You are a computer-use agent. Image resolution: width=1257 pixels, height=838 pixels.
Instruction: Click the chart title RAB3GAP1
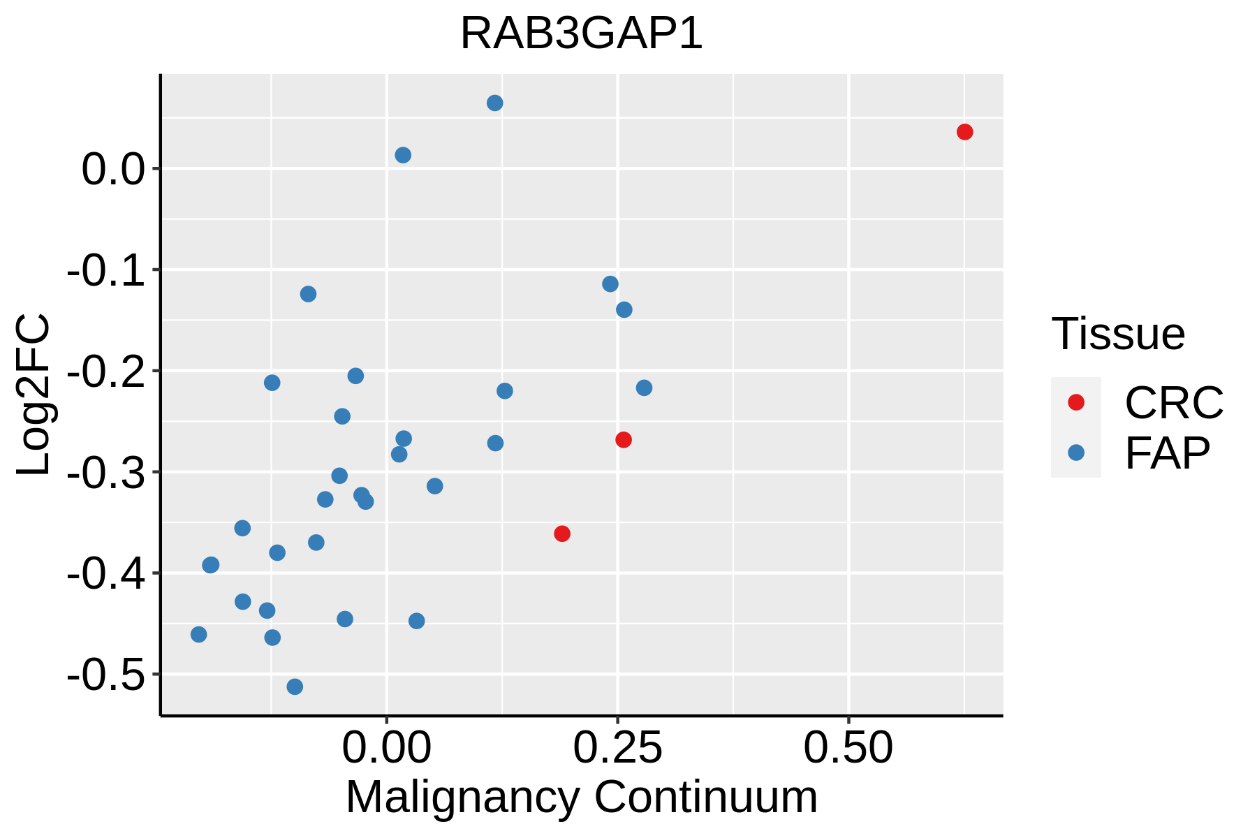581,34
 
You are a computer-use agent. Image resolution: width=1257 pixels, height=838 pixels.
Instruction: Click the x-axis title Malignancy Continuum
581,797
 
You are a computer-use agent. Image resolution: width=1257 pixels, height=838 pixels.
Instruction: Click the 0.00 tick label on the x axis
387,748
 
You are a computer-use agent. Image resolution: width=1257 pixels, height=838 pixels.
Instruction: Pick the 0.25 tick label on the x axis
617,748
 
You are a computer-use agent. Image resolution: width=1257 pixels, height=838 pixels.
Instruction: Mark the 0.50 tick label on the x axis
848,748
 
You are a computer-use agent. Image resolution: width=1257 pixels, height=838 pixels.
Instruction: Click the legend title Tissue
1118,334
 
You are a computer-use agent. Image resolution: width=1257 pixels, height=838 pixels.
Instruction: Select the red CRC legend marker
1076,402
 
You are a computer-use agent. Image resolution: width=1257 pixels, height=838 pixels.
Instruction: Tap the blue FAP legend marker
1076,453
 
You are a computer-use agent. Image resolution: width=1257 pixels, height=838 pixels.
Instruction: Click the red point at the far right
964,132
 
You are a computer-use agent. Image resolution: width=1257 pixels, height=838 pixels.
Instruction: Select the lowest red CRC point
562,534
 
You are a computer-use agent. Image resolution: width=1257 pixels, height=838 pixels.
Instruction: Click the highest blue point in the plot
495,103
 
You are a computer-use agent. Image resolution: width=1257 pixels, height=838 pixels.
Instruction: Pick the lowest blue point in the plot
295,686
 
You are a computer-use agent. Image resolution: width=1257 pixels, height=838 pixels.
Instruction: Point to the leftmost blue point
199,634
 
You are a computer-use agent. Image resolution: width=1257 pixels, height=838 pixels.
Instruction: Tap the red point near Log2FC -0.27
624,440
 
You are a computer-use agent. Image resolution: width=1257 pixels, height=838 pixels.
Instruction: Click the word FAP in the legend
1167,454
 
